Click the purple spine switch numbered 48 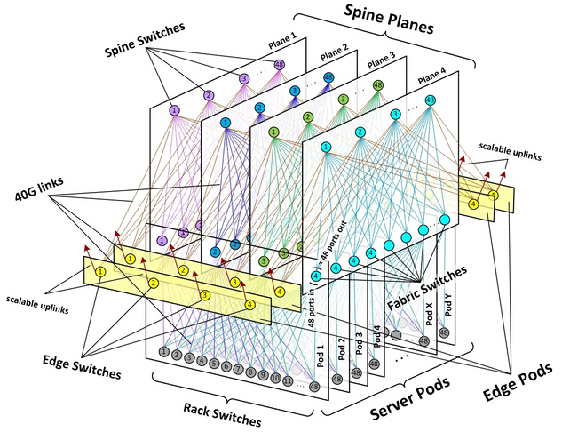(279, 65)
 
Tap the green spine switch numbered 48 (378, 86)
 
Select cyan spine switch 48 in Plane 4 (431, 100)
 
